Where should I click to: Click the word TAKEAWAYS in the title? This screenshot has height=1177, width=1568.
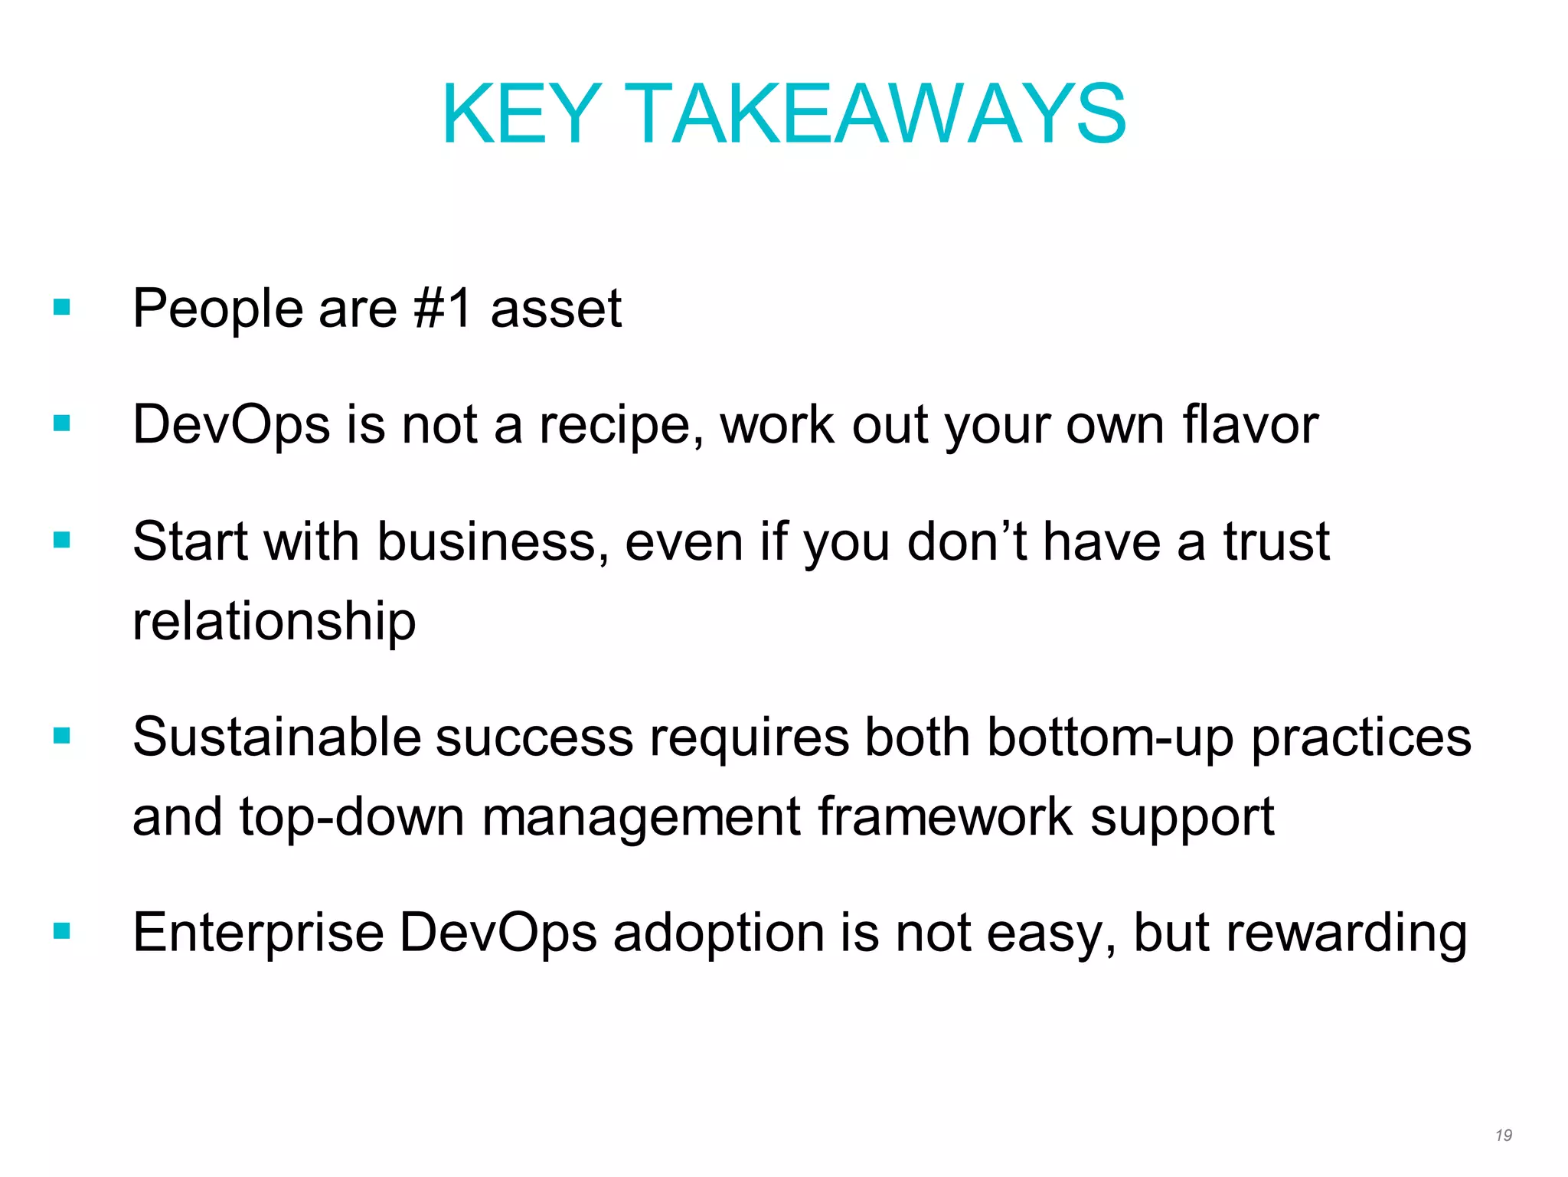pos(880,115)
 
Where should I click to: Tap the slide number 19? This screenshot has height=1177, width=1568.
pos(1503,1135)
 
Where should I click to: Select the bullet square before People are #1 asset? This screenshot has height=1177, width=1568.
pos(62,308)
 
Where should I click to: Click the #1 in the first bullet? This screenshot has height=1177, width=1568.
pos(443,309)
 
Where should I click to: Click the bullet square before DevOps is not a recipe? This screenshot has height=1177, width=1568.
pos(62,423)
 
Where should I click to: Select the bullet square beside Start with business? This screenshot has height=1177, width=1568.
pos(62,541)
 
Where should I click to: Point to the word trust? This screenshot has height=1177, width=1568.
pos(1276,542)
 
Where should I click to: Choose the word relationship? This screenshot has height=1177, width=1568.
pos(274,622)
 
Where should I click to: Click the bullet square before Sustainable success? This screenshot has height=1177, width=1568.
pos(62,736)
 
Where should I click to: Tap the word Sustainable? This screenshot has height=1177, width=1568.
pos(276,737)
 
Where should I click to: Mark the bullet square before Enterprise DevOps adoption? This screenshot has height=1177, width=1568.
pos(62,931)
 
